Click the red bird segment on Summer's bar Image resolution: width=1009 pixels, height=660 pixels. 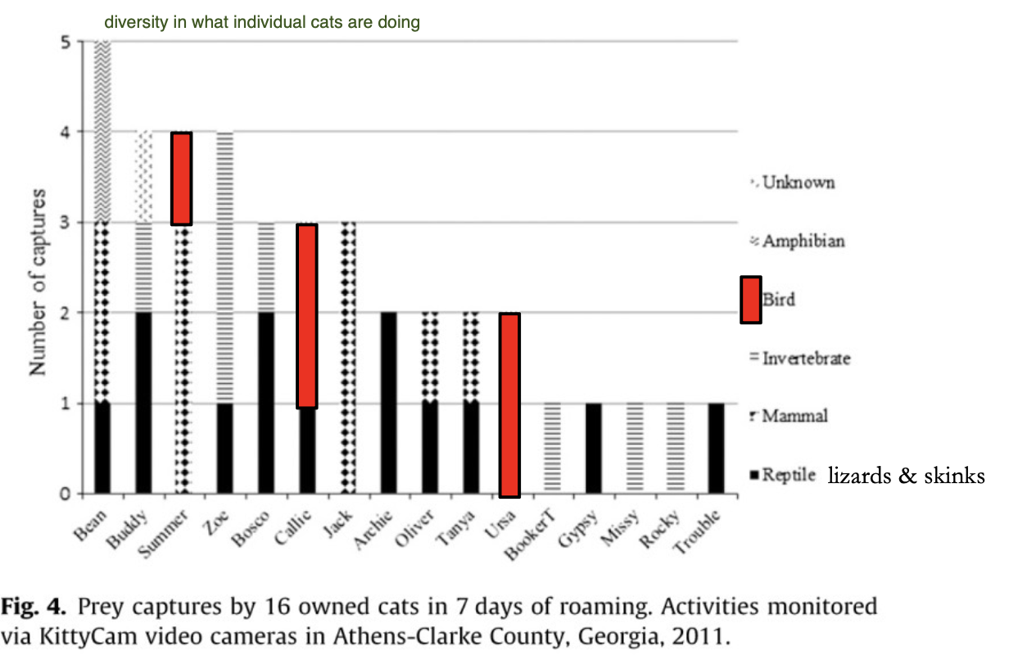click(181, 179)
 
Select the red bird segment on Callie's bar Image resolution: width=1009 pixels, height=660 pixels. click(306, 315)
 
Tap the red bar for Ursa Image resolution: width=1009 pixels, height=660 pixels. click(509, 405)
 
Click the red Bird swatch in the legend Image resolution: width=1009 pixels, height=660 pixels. click(751, 300)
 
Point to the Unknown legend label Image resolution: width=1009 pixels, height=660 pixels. click(799, 182)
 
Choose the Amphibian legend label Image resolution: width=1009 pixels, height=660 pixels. click(803, 241)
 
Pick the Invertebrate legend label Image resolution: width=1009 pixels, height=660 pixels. click(806, 359)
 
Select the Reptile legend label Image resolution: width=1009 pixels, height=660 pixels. click(789, 475)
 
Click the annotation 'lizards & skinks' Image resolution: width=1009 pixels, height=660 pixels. click(906, 476)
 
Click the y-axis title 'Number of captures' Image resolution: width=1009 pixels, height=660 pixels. click(38, 283)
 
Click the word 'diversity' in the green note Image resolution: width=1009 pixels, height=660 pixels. click(135, 22)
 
